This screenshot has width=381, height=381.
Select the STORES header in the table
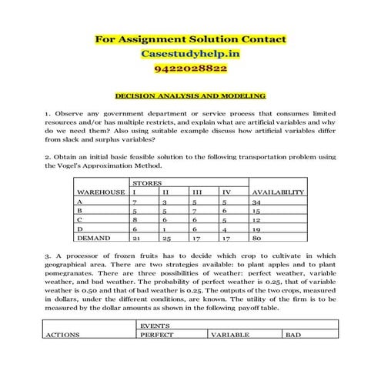(x=146, y=183)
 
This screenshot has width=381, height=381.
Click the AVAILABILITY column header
(x=278, y=192)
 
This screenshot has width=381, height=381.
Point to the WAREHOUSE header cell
(x=101, y=192)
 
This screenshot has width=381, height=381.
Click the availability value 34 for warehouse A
(x=258, y=201)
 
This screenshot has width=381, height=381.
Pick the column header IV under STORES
(x=226, y=192)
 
